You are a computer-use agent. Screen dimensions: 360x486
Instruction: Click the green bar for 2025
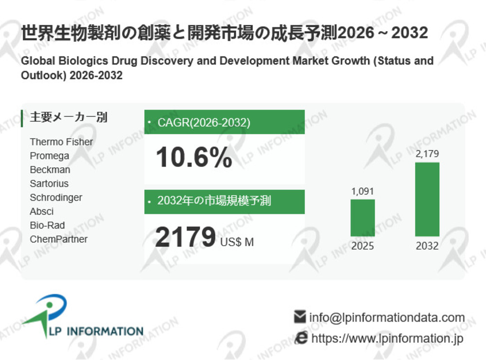point(363,218)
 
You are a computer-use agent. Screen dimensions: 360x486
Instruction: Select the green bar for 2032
point(427,199)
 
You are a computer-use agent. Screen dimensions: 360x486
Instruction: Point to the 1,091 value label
point(363,191)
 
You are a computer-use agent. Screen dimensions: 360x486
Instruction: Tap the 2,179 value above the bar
point(427,154)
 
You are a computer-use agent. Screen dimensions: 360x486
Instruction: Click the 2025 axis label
point(363,246)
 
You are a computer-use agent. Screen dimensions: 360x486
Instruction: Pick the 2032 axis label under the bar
point(427,246)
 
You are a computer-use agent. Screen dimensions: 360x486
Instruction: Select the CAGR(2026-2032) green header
point(225,122)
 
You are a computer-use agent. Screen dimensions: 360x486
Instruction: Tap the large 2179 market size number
point(185,237)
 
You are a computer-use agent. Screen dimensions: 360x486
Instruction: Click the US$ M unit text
point(237,242)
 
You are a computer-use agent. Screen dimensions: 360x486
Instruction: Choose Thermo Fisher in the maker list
point(61,142)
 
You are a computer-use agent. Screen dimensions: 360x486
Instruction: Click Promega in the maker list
point(50,156)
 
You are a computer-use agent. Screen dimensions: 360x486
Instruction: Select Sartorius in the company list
point(49,183)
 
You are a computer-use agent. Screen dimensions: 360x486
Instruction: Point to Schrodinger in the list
point(56,198)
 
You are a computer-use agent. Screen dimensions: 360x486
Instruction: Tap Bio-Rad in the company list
point(47,225)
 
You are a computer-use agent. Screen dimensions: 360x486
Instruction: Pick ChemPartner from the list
point(59,239)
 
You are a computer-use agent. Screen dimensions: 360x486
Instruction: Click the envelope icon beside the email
point(300,317)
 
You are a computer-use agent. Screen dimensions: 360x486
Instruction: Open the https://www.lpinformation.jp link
point(387,338)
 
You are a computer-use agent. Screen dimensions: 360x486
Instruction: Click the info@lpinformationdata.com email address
point(387,318)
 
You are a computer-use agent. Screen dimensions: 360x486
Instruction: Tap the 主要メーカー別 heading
point(69,117)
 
